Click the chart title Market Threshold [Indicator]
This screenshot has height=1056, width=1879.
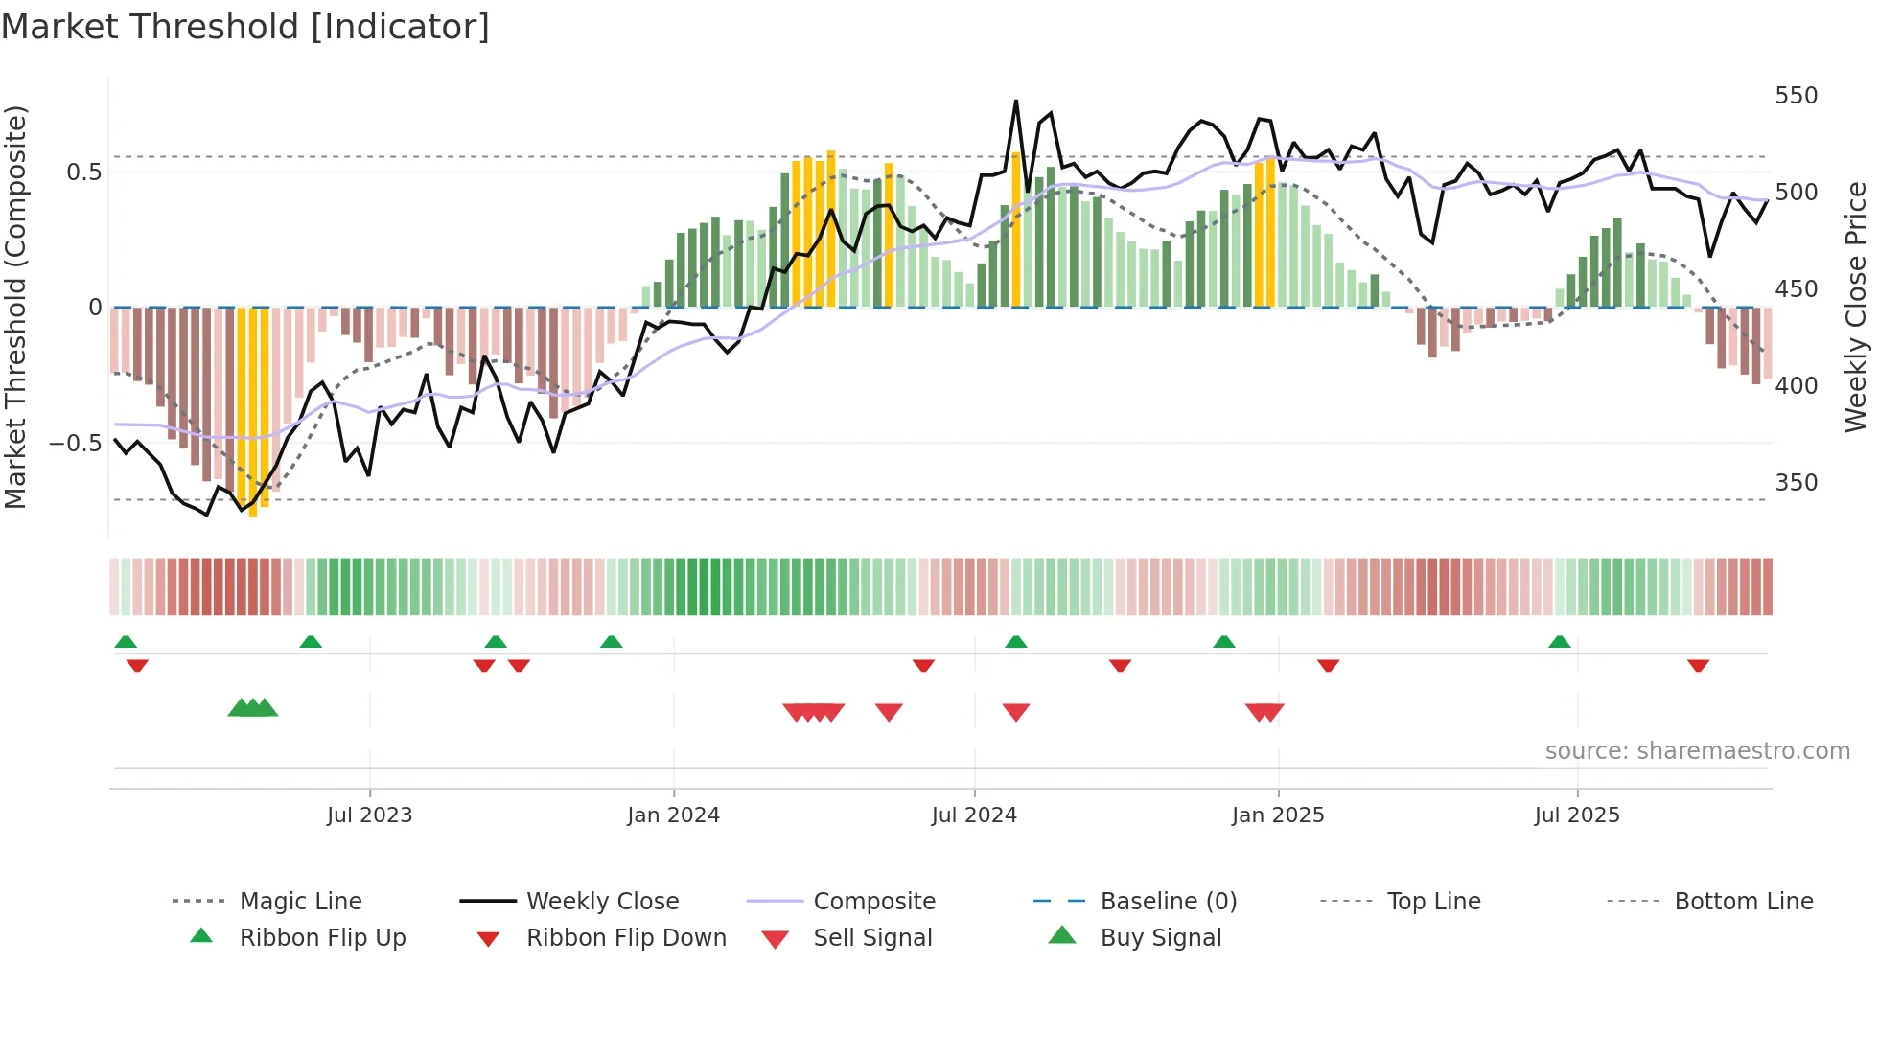245,27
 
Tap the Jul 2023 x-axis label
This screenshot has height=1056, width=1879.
369,815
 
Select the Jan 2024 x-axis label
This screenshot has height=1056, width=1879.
673,815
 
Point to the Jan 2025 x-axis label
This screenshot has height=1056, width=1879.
1277,815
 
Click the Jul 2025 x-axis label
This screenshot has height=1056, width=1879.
1577,815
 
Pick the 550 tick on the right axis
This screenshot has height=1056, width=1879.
1796,96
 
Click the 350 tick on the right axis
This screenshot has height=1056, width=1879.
1796,482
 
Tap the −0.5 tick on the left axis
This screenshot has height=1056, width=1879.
75,443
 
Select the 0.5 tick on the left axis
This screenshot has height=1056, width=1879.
83,172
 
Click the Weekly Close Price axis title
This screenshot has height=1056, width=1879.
1856,307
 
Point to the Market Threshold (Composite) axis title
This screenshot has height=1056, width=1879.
15,307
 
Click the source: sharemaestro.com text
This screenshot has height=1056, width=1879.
1697,751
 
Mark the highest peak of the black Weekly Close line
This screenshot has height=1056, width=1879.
1016,101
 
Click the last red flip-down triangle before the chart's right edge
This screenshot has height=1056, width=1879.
1698,665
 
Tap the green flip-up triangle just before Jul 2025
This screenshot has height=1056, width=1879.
1559,642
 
